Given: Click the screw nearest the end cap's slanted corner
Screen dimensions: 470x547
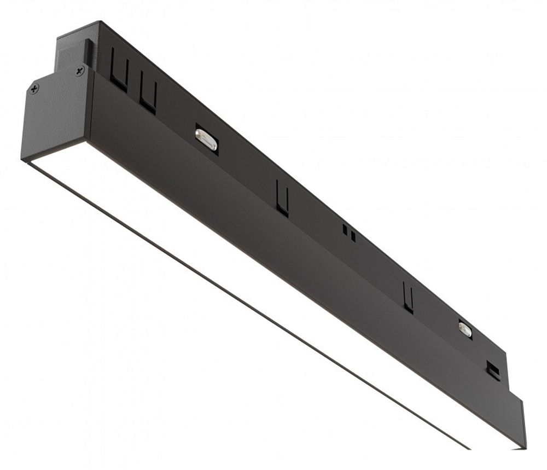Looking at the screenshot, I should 34,88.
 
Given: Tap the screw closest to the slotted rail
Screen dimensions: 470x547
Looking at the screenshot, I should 80,70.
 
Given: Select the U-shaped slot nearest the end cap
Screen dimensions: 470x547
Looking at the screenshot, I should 119,71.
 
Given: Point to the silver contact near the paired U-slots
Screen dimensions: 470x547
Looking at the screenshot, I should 206,139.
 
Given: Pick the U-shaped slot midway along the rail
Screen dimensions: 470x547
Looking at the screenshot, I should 282,198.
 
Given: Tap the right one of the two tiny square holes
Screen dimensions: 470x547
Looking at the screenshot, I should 353,236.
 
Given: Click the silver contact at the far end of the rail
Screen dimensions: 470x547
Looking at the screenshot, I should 465,328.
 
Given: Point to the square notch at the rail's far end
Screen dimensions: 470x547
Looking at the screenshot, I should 493,370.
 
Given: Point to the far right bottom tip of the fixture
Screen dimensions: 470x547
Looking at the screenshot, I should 522,448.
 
